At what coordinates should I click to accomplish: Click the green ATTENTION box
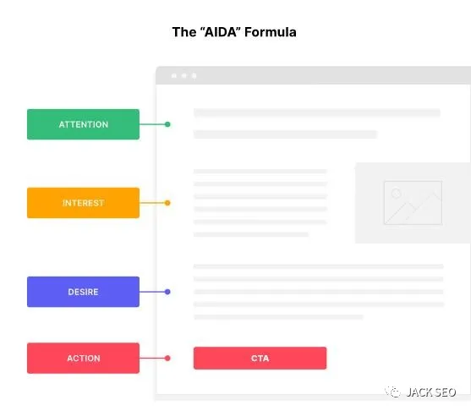point(83,124)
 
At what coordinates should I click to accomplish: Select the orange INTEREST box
point(83,203)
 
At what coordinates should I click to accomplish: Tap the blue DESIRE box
point(83,292)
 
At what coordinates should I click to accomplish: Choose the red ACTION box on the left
point(83,358)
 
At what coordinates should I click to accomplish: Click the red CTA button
point(260,358)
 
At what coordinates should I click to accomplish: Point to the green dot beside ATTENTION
point(167,124)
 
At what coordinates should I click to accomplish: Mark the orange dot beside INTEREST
point(167,203)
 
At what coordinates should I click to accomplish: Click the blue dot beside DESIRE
point(167,292)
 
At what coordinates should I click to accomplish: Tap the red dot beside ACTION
point(167,358)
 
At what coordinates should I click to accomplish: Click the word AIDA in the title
point(220,32)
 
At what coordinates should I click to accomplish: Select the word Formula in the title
point(271,32)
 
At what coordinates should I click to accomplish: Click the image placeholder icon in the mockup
point(413,203)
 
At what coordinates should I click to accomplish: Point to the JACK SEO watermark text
point(431,392)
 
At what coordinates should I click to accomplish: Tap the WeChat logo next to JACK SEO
point(393,392)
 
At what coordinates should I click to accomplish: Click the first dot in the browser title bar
point(174,76)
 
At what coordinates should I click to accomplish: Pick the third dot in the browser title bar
point(194,76)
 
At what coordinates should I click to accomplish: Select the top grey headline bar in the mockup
point(317,112)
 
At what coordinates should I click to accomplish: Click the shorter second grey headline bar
point(285,134)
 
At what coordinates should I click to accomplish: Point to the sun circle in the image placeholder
point(397,193)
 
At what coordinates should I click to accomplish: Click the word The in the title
point(183,32)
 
